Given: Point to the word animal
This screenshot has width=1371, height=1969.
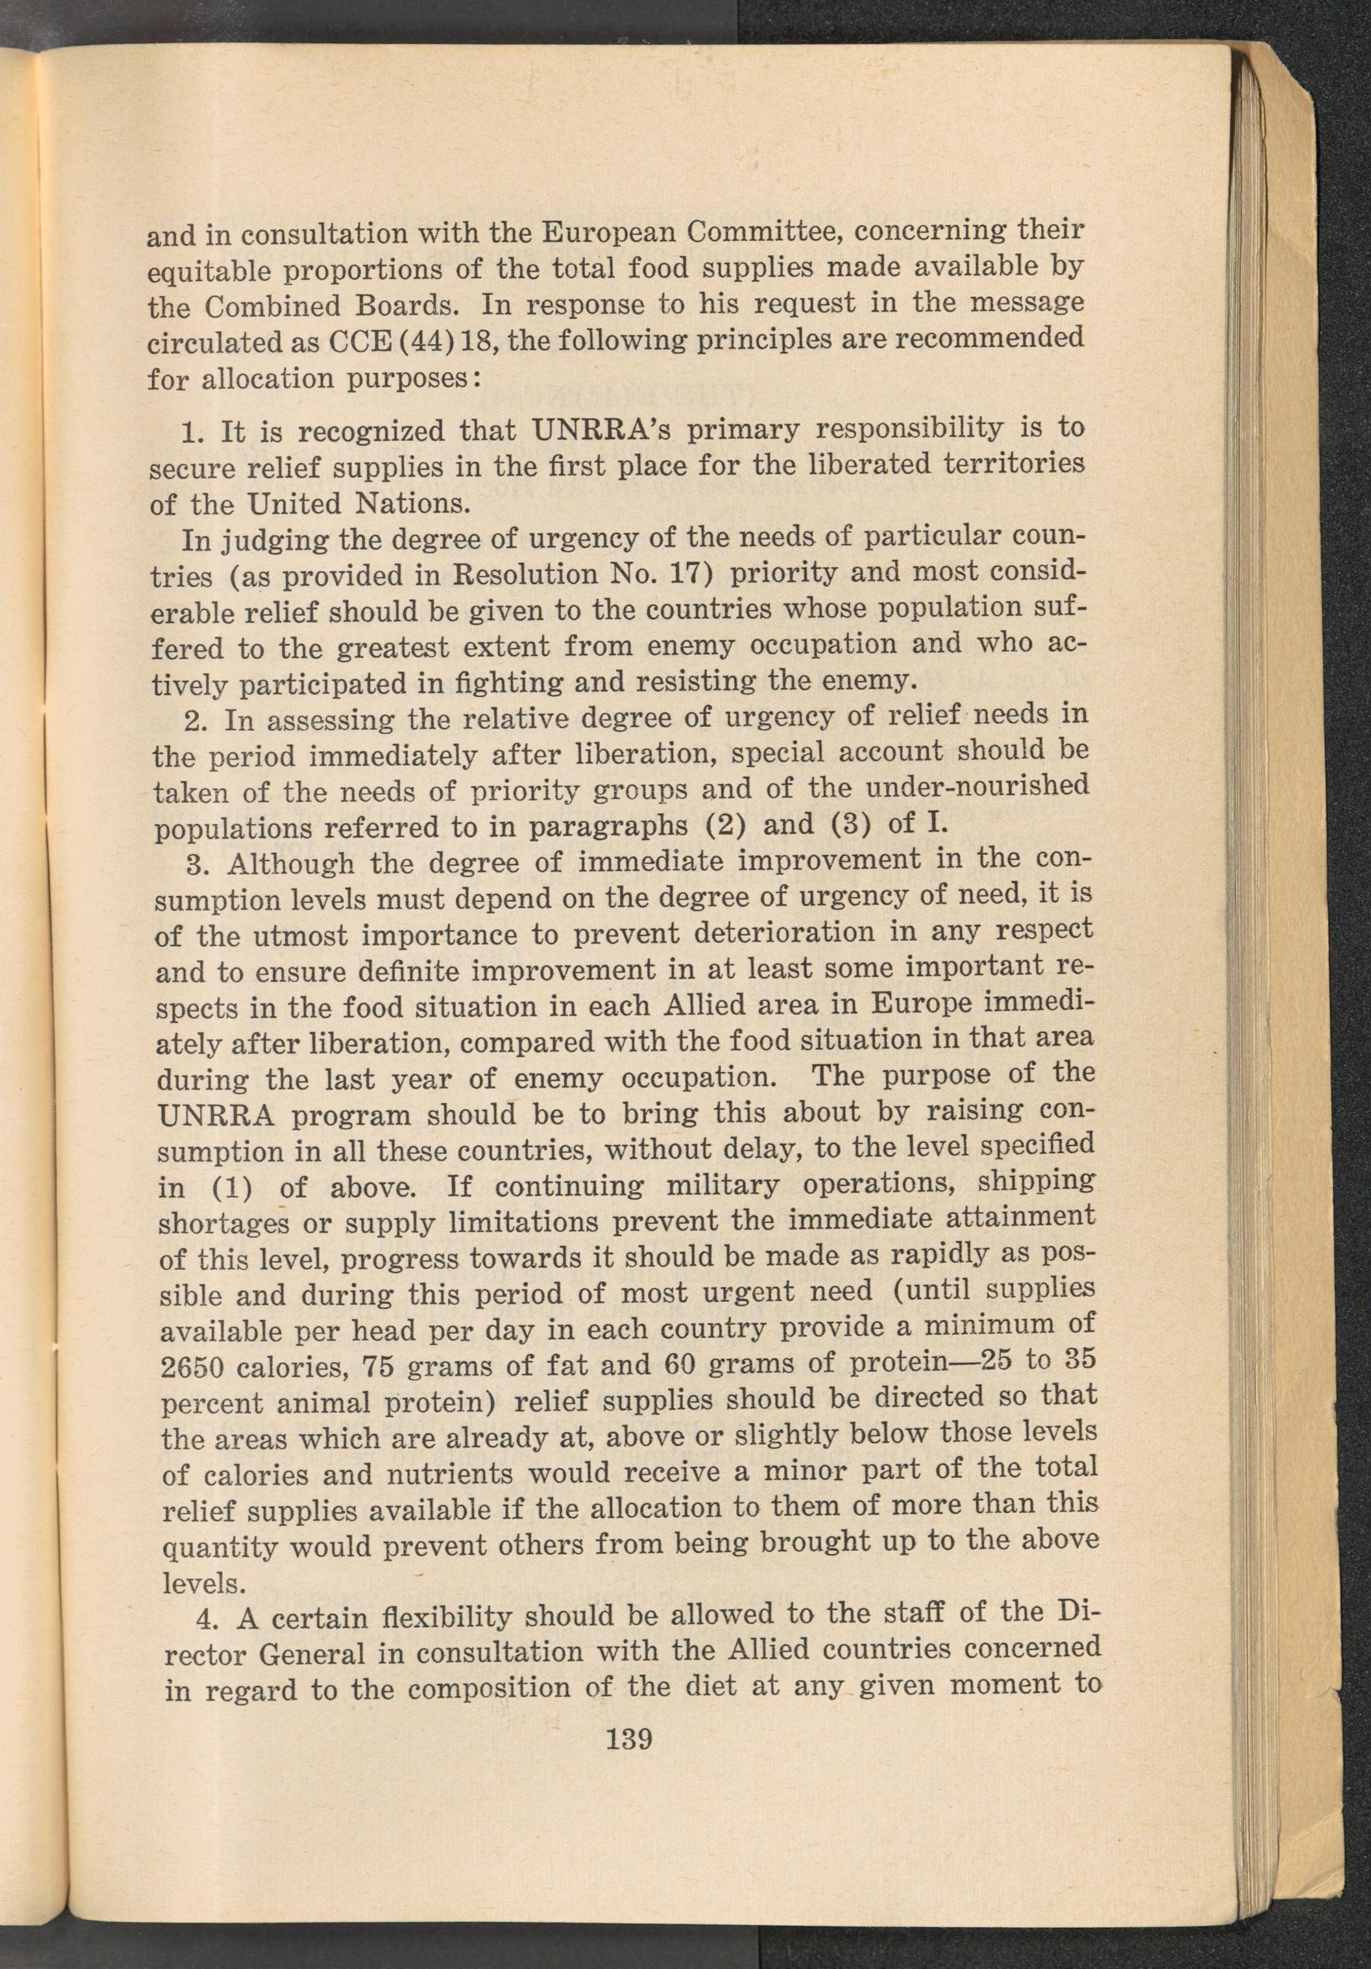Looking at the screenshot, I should tap(321, 1404).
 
